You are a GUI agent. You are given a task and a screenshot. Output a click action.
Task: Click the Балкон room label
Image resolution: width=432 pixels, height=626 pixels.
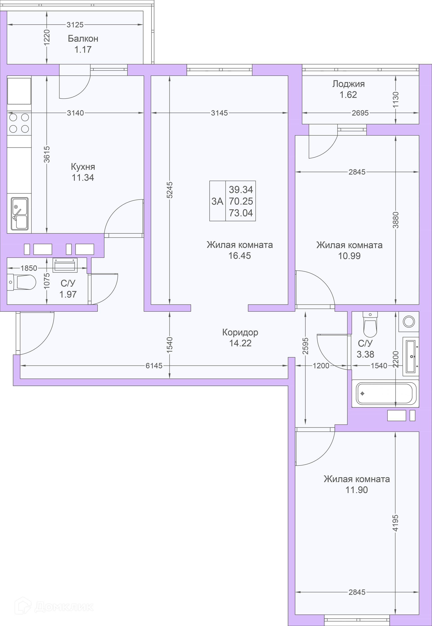click(83, 39)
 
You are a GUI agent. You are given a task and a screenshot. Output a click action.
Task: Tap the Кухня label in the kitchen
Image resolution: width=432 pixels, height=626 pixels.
click(83, 167)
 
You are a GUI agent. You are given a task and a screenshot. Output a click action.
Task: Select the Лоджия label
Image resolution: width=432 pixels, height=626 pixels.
click(348, 84)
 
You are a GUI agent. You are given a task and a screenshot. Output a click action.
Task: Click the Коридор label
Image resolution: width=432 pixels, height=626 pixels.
click(240, 332)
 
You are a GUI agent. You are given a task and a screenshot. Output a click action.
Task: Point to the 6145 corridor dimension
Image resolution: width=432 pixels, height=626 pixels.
click(154, 366)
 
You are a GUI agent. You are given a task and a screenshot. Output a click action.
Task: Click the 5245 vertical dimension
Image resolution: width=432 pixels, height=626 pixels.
click(169, 190)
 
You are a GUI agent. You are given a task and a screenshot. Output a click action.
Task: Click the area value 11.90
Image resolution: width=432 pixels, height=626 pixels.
click(357, 490)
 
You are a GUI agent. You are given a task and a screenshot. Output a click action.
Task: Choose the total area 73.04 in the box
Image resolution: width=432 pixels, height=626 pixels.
click(241, 213)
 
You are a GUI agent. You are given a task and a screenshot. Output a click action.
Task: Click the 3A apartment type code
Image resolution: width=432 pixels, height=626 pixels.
click(217, 201)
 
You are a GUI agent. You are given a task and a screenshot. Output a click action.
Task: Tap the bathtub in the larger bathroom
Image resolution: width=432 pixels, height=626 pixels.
click(385, 393)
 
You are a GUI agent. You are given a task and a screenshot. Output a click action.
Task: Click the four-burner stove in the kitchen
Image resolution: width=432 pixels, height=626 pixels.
click(19, 123)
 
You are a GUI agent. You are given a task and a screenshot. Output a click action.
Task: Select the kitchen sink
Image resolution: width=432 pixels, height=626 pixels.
click(20, 214)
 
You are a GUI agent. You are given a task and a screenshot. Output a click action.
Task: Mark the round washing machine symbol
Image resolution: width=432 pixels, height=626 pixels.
click(409, 322)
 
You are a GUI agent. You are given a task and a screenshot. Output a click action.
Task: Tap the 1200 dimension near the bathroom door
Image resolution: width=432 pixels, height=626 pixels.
click(321, 366)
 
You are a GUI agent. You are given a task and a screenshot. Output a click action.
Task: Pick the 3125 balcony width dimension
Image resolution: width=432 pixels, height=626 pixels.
click(75, 25)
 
